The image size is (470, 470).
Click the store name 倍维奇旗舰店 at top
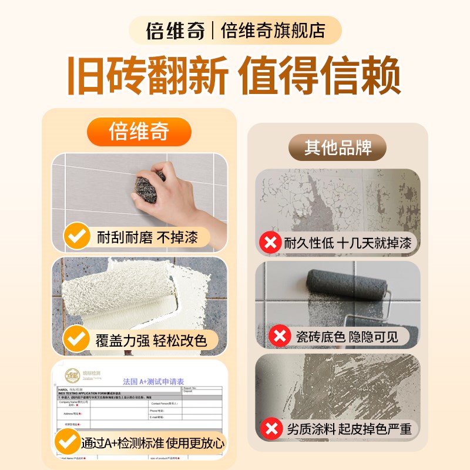point(273,31)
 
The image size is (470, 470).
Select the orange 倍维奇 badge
point(139,132)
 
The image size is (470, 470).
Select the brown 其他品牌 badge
point(338,147)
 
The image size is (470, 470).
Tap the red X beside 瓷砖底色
point(280,336)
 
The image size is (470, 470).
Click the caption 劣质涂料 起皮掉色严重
point(349,428)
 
